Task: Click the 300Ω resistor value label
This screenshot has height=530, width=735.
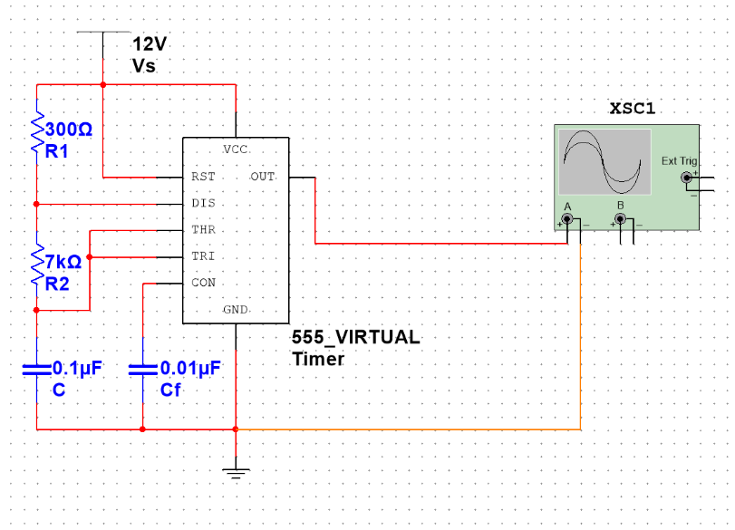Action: click(69, 130)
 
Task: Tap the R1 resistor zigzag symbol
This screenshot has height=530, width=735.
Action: click(37, 131)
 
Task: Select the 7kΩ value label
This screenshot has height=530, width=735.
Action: click(63, 262)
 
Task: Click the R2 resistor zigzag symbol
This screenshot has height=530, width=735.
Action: click(37, 265)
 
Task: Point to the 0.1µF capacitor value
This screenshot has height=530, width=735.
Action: click(77, 369)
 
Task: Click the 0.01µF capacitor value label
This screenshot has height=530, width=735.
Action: click(190, 369)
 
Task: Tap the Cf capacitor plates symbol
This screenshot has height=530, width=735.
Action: click(143, 371)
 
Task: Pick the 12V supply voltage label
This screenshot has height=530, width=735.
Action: click(150, 44)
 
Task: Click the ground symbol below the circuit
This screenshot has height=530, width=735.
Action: click(236, 472)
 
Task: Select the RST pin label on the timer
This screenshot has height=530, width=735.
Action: click(203, 177)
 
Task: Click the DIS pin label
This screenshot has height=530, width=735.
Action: click(203, 203)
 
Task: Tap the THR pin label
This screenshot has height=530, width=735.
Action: click(203, 229)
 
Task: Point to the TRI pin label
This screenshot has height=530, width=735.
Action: click(203, 255)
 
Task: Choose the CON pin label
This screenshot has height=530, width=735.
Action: click(203, 283)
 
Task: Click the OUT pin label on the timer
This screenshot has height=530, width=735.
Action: click(263, 177)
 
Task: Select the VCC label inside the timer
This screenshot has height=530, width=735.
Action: click(236, 149)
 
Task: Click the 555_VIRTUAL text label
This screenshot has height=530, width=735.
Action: click(356, 337)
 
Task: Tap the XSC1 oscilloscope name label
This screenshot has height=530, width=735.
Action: click(632, 108)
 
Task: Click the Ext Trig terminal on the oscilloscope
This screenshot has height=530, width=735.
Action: click(687, 178)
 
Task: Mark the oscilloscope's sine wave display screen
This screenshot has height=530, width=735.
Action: click(604, 161)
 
